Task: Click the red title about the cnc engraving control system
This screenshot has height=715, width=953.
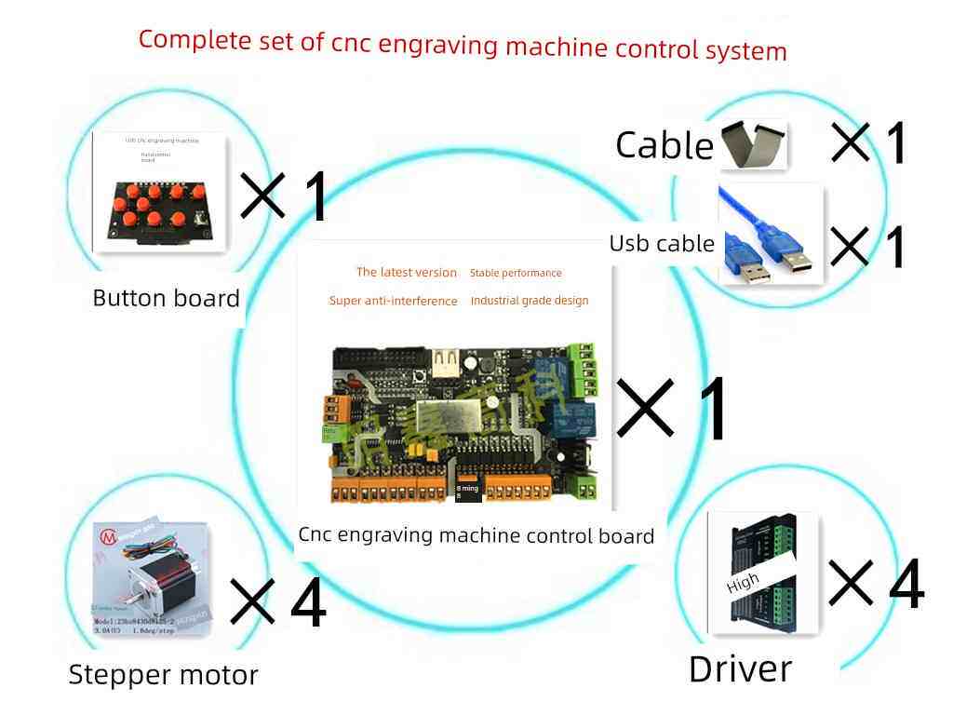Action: (463, 45)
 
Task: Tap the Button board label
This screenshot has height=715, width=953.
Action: (167, 299)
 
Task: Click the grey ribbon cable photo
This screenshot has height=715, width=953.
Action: (753, 144)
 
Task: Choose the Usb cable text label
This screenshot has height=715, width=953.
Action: (662, 244)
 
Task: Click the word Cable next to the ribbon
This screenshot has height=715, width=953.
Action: (664, 145)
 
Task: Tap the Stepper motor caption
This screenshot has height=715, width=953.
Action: (163, 675)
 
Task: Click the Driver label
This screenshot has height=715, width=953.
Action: (740, 669)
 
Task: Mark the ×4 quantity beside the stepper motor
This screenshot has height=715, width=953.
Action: (278, 603)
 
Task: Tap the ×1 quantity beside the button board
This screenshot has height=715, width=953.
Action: (285, 195)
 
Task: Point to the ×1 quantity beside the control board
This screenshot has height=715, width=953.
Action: (672, 411)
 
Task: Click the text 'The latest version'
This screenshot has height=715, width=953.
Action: (407, 273)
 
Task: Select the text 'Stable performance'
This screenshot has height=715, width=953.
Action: (516, 274)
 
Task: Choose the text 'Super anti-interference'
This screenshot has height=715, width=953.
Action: (393, 301)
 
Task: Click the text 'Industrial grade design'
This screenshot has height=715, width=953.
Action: (530, 301)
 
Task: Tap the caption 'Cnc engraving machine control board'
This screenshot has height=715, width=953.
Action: (476, 536)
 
